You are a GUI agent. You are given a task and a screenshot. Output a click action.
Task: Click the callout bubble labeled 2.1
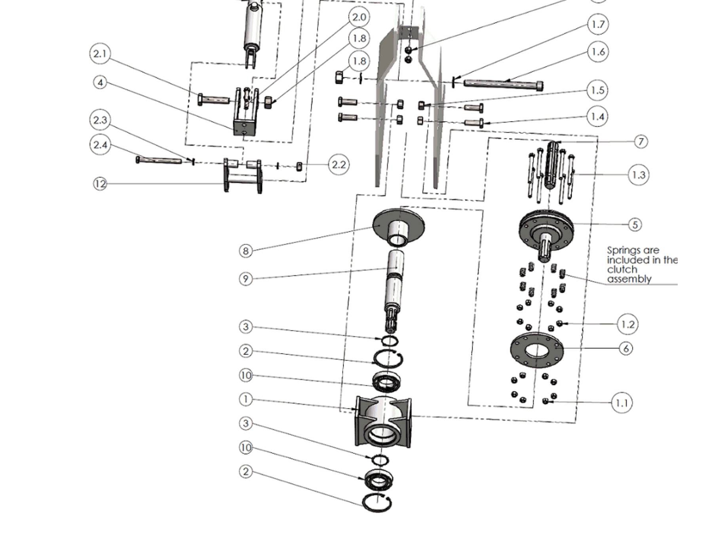pyautogui.click(x=100, y=53)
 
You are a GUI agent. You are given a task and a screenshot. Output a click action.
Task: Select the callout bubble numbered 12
pyautogui.click(x=100, y=184)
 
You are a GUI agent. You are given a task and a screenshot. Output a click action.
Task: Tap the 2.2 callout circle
pyautogui.click(x=339, y=164)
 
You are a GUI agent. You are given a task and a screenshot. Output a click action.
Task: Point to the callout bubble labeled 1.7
pyautogui.click(x=598, y=24)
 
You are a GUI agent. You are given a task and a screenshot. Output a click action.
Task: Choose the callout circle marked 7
pyautogui.click(x=641, y=141)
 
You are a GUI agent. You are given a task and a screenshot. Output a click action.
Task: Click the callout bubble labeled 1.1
pyautogui.click(x=621, y=403)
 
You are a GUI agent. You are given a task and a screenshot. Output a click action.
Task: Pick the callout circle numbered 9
pyautogui.click(x=246, y=279)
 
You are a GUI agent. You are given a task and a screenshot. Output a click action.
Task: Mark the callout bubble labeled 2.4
pyautogui.click(x=100, y=145)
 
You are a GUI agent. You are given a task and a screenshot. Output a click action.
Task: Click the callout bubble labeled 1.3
pyautogui.click(x=639, y=175)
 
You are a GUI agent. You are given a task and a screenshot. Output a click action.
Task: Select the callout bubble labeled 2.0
pyautogui.click(x=359, y=17)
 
